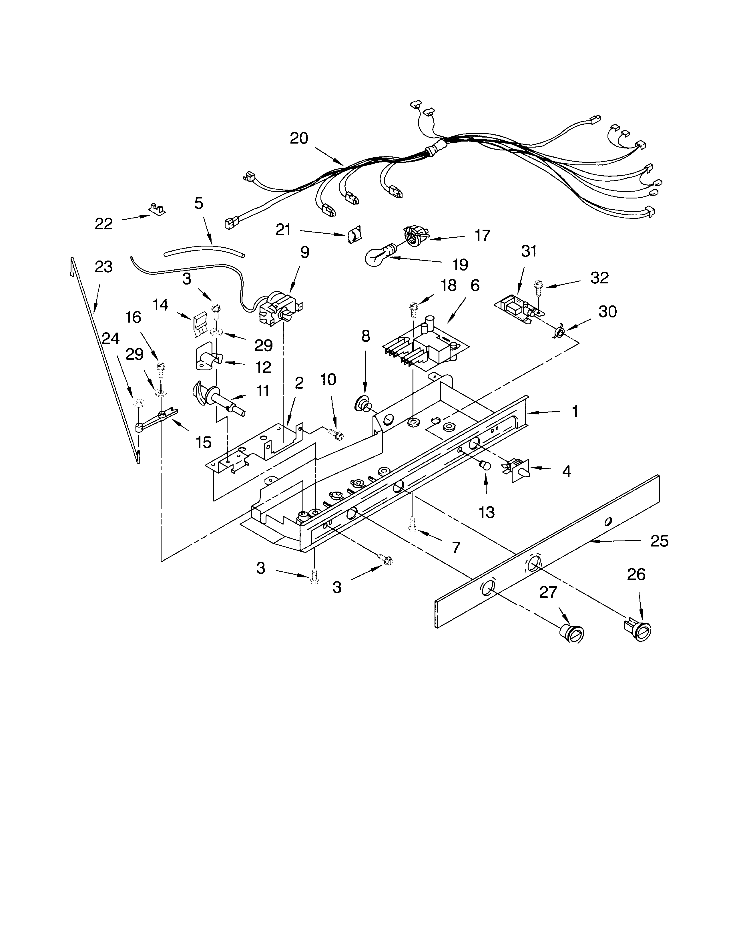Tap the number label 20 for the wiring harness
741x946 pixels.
[299, 138]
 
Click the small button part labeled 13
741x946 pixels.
[485, 466]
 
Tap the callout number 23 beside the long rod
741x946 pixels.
[103, 267]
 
